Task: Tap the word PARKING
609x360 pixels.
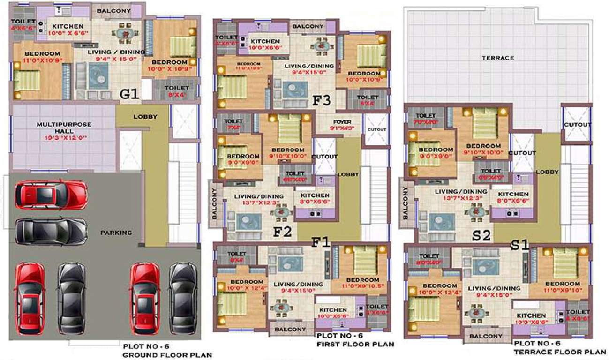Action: pos(117,232)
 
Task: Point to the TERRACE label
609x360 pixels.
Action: pos(497,58)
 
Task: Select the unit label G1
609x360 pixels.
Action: pos(129,95)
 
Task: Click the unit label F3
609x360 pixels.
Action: pos(323,100)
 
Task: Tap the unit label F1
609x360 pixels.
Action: pos(322,242)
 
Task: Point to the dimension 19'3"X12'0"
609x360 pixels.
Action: pos(64,139)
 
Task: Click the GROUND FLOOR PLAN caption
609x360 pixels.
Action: pos(167,355)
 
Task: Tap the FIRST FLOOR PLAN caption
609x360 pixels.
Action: pos(355,344)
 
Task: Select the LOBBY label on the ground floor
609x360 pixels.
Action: pos(145,117)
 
